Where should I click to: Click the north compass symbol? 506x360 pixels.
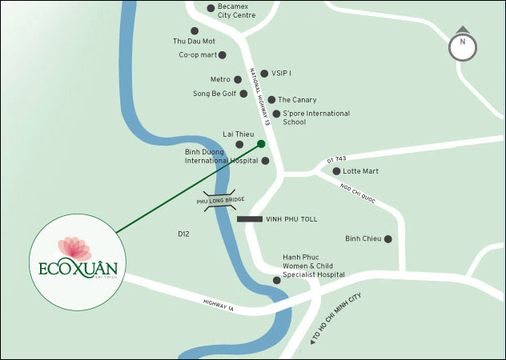coord(462,47)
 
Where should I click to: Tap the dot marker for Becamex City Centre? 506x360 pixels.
coord(211,9)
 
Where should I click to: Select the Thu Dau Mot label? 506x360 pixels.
coord(194,41)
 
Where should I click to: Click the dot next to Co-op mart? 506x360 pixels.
coord(223,55)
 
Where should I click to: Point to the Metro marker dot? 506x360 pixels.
coord(238,79)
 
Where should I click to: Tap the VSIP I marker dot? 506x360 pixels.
coord(264,74)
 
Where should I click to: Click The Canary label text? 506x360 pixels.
coord(298,100)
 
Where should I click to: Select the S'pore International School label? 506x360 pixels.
coord(316,118)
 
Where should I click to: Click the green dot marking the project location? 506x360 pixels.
coord(261,144)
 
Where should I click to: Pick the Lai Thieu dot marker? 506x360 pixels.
coord(239,144)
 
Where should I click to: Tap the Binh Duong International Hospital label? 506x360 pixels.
coord(222,156)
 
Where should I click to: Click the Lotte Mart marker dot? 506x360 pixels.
coord(336,171)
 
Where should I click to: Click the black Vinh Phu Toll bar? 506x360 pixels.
coord(249,218)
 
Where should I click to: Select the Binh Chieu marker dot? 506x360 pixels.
coord(388,238)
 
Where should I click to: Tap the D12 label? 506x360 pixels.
coord(183,234)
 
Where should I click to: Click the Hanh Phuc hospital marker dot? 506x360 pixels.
coord(277,280)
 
